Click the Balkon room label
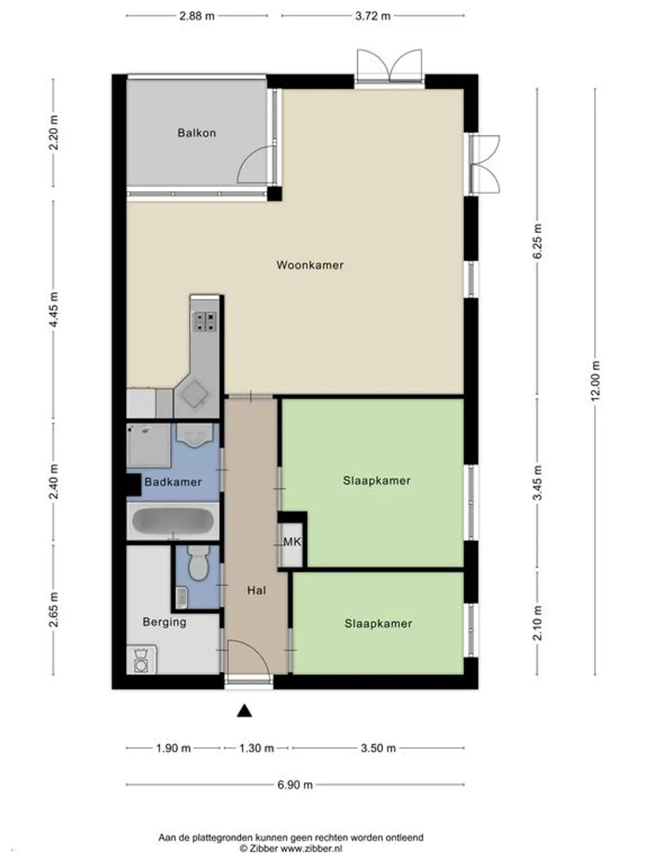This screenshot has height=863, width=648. click(197, 133)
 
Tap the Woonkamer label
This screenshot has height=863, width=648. click(310, 265)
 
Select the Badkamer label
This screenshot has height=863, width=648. click(173, 482)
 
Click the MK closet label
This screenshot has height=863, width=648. click(292, 542)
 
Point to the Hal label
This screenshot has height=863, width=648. click(256, 590)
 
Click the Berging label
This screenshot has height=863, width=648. click(164, 622)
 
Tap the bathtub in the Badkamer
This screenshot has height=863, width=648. click(173, 522)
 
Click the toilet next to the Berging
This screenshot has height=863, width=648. click(198, 563)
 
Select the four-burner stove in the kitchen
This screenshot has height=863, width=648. click(205, 321)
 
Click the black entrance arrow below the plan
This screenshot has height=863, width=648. click(245, 711)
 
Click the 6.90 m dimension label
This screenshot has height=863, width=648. click(295, 785)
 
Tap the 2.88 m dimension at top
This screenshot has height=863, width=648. click(197, 16)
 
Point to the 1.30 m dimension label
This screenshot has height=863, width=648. click(256, 748)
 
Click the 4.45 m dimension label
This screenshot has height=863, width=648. click(53, 310)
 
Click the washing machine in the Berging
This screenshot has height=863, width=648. click(141, 660)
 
